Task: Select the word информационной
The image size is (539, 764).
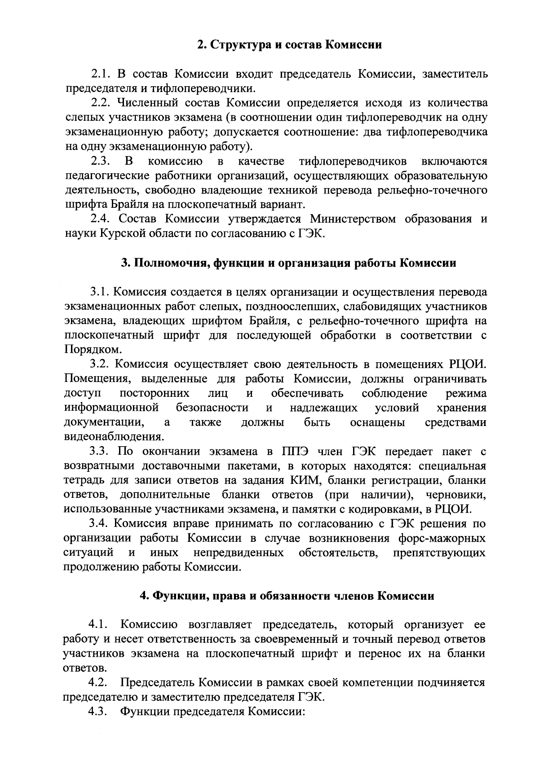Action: pyautogui.click(x=112, y=408)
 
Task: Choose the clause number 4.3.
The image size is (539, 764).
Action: pyautogui.click(x=98, y=712)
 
